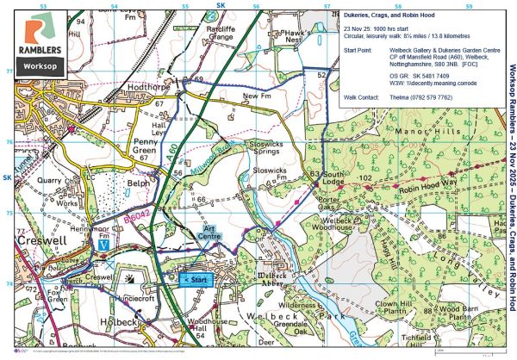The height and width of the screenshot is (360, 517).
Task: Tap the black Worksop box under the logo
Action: pyautogui.click(x=41, y=65)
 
